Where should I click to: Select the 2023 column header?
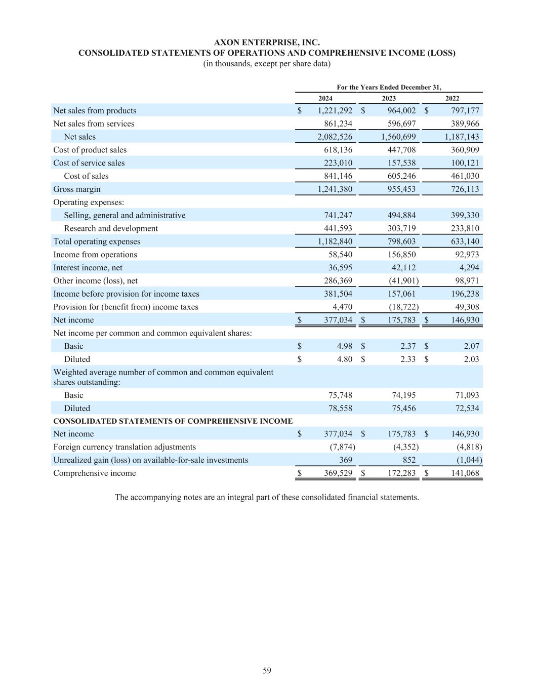(389, 99)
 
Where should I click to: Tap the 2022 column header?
(452, 99)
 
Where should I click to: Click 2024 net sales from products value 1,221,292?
(335, 111)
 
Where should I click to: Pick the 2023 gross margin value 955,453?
(401, 189)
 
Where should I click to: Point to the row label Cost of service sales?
(89, 163)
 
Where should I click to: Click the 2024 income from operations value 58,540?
(340, 255)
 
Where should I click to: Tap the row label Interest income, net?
(88, 268)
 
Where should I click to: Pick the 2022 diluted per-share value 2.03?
(471, 359)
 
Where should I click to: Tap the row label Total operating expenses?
(97, 242)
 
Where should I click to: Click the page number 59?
(267, 671)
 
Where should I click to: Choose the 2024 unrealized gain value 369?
(345, 460)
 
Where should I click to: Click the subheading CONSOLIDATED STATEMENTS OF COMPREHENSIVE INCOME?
(173, 421)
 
